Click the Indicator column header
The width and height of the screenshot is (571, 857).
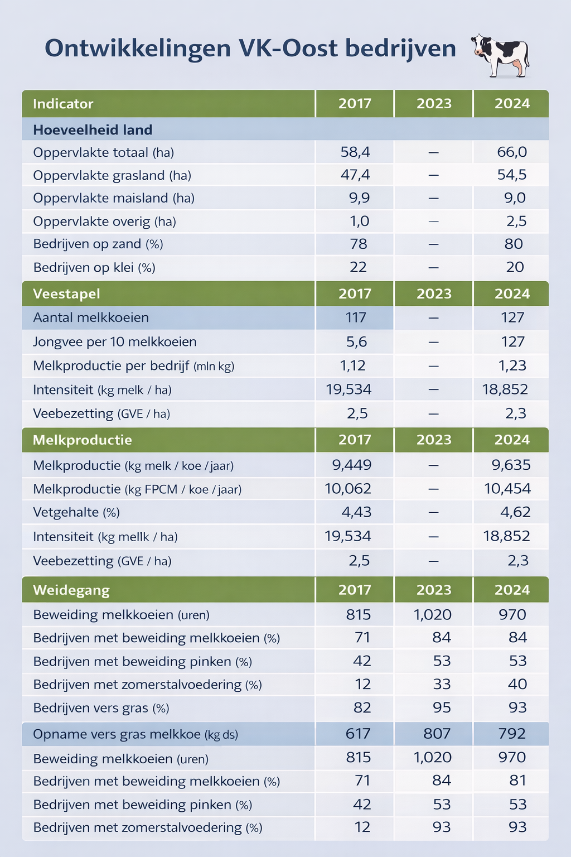(x=63, y=104)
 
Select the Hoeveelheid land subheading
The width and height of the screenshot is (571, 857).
(x=93, y=130)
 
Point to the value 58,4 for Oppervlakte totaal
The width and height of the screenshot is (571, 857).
(x=355, y=152)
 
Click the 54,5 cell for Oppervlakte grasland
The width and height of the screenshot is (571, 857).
(x=511, y=175)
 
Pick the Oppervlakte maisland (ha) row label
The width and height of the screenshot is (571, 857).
(x=114, y=198)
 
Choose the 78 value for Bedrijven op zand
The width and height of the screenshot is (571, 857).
(x=359, y=244)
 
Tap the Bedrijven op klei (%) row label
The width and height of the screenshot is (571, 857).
(x=94, y=267)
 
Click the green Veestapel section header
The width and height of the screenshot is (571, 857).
(x=66, y=294)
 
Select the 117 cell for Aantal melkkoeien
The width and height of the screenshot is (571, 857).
(x=356, y=317)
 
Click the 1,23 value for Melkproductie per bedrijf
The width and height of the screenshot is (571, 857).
(x=511, y=365)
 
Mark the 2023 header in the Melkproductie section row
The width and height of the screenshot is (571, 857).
(x=434, y=440)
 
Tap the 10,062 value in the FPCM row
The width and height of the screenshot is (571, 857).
(x=348, y=489)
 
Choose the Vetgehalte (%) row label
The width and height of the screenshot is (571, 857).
(x=76, y=512)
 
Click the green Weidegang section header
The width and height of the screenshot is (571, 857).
(x=71, y=590)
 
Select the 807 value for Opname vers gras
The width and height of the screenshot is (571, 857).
(x=437, y=733)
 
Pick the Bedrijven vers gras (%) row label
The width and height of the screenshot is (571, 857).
(x=101, y=708)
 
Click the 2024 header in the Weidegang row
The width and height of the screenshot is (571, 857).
(x=512, y=590)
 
